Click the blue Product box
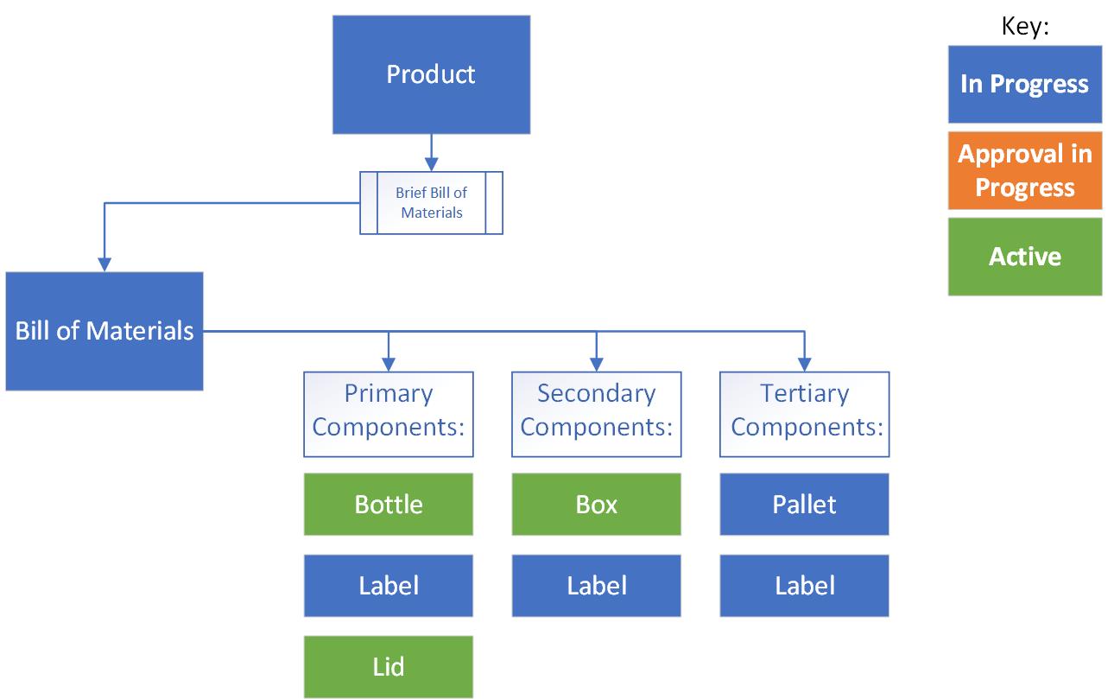431,74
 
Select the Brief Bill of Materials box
431,203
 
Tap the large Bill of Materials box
104,331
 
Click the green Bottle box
388,504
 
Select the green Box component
596,504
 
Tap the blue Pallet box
804,504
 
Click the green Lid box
388,666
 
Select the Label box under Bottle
388,585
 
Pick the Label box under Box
596,585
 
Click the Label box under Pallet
804,585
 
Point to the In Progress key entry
1024,84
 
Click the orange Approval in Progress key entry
1024,170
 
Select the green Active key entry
1024,257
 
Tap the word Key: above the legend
1024,26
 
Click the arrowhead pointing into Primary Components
388,365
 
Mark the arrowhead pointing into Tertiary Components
804,365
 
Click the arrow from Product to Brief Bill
431,153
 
